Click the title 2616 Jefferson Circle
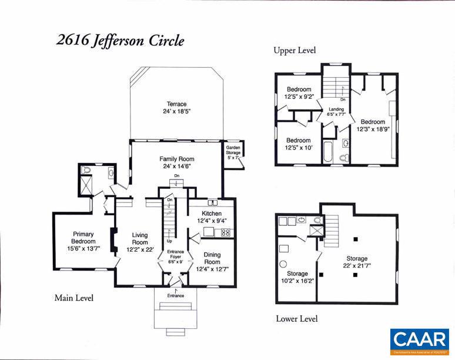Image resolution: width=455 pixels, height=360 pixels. [120, 41]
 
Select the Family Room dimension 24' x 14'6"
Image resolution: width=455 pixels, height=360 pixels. [176, 166]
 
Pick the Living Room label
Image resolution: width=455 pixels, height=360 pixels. [140, 242]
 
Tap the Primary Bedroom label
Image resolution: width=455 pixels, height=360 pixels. [83, 241]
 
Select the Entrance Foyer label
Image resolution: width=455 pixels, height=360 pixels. [176, 257]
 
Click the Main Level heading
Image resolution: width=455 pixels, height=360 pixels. [73, 298]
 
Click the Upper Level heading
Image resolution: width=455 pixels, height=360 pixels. [294, 51]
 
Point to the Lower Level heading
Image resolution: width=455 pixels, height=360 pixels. [297, 319]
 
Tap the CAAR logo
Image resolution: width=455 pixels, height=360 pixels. [420, 341]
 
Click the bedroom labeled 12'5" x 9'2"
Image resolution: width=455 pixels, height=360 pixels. [299, 93]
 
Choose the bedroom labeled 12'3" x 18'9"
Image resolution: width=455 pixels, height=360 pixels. [373, 125]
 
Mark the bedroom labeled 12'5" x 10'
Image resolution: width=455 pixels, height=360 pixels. [299, 144]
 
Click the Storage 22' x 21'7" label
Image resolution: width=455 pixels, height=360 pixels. [357, 262]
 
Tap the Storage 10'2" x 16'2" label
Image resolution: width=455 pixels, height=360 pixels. [297, 277]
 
